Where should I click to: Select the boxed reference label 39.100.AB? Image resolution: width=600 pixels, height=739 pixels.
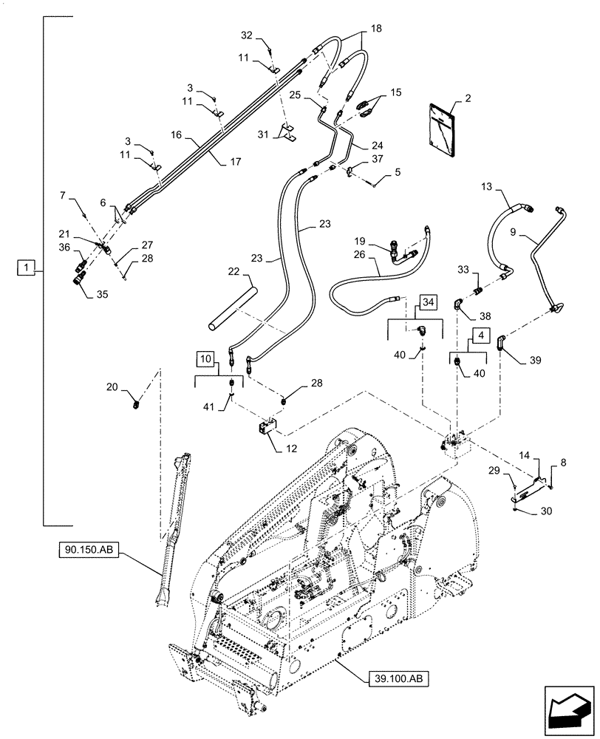coord(397,676)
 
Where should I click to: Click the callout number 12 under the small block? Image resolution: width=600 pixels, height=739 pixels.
coord(276,449)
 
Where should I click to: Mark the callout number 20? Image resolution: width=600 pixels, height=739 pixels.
coord(112,386)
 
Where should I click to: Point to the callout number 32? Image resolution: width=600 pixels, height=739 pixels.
coord(246,35)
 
